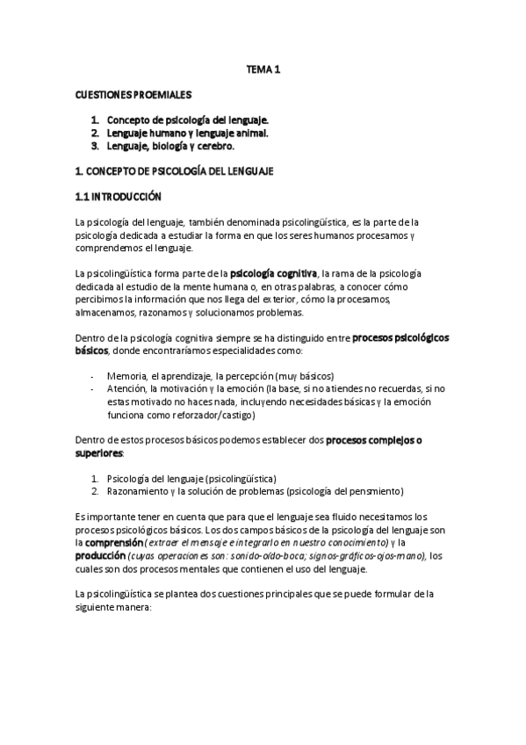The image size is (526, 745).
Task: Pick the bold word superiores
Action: [99, 453]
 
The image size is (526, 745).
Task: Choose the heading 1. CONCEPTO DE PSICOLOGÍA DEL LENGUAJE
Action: [175, 171]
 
